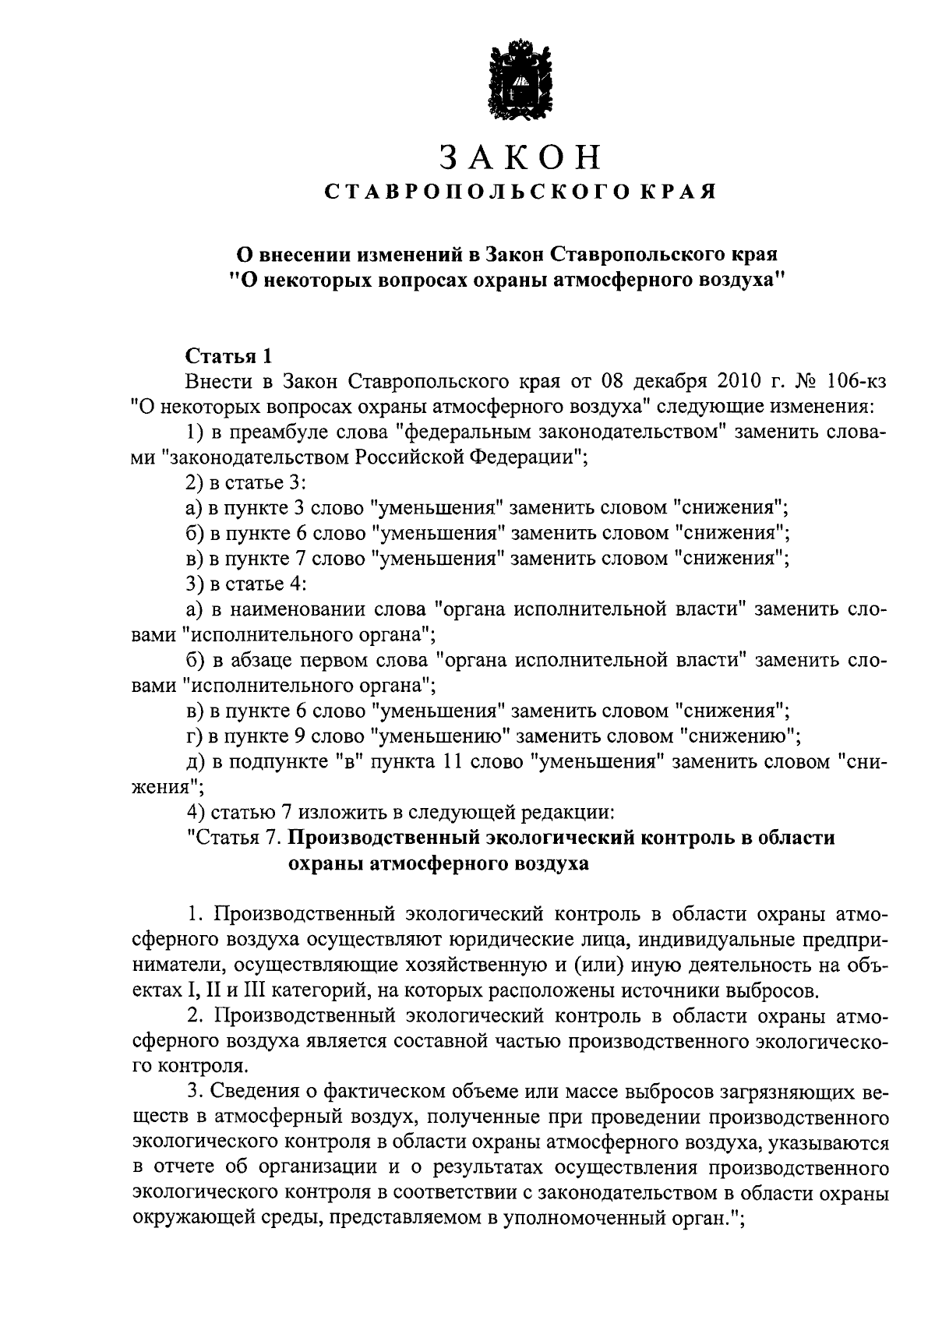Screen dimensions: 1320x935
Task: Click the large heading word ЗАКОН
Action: (x=520, y=157)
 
